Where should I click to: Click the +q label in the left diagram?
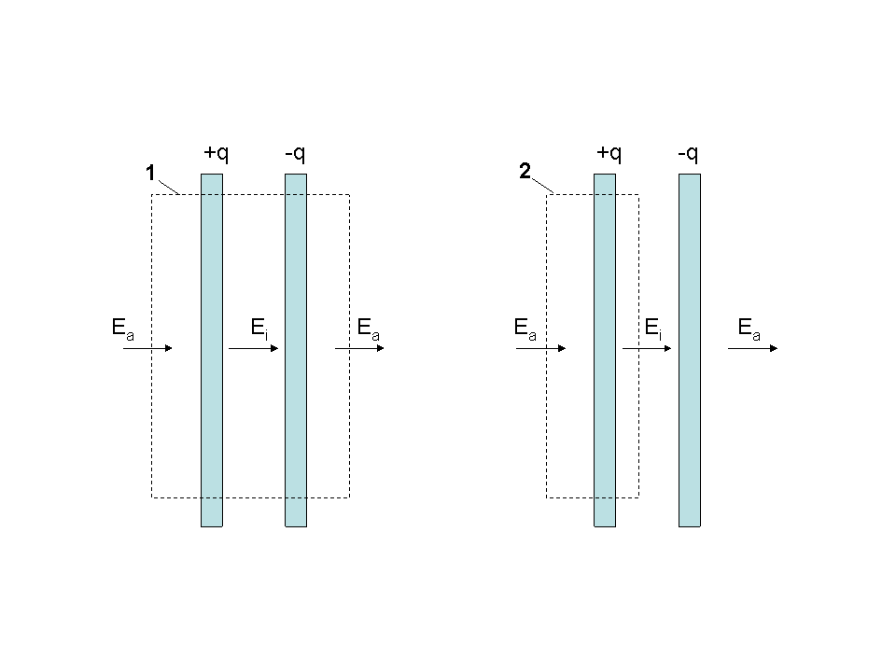point(216,153)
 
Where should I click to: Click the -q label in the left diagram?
point(295,153)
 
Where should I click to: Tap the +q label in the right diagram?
point(609,153)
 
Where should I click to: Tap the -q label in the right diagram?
point(688,153)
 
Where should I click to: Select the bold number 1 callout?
point(150,173)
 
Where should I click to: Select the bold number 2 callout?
point(525,171)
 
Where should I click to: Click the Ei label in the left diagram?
point(259,329)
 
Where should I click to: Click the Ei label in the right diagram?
point(652,329)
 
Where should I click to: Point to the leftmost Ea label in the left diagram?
point(123,329)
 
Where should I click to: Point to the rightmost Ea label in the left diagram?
point(368,329)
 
